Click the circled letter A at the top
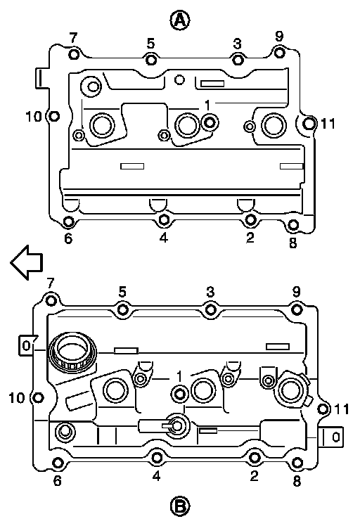[x=180, y=20]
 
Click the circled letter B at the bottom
[x=180, y=506]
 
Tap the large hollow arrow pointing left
[x=27, y=262]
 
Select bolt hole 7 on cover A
[x=74, y=54]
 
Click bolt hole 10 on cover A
[x=53, y=117]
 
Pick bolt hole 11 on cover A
[x=309, y=124]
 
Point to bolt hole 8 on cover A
[x=293, y=225]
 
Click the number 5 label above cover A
[x=151, y=44]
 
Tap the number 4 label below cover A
[x=163, y=238]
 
